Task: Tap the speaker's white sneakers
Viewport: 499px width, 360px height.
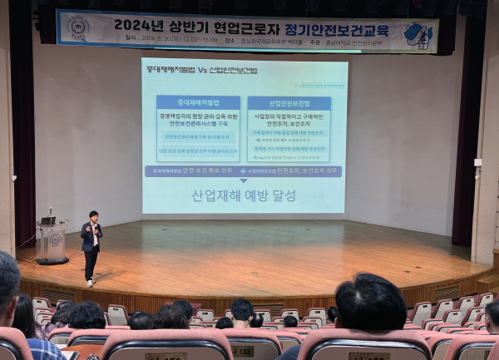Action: (x=90, y=284)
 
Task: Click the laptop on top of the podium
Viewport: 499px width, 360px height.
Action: (x=48, y=221)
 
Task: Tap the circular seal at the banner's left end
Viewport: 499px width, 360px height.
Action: (x=79, y=27)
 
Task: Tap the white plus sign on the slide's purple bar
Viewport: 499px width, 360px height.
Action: (x=242, y=170)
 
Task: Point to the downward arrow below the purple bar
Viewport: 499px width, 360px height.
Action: (x=244, y=181)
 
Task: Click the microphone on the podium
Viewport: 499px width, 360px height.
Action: (x=51, y=213)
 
